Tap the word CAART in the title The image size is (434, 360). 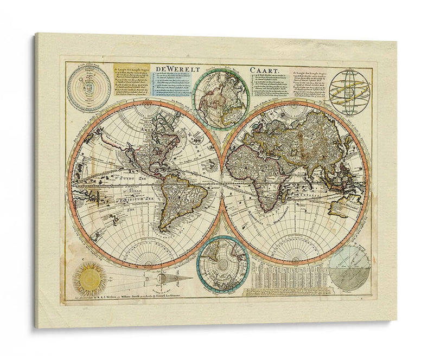[x=266, y=70]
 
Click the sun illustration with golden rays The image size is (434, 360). [x=90, y=278]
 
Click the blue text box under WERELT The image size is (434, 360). [x=173, y=84]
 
